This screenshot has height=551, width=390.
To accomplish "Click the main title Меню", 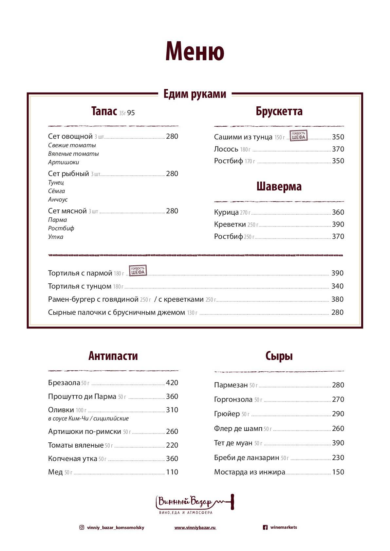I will point(195,51).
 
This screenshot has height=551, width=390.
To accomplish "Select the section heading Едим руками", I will point(195,94).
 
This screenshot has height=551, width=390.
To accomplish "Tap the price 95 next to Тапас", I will point(131,113).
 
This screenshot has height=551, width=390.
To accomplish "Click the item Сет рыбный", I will point(68,174).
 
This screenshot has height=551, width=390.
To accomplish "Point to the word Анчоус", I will point(58,199).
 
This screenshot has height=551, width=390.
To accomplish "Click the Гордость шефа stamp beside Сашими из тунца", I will point(298,135).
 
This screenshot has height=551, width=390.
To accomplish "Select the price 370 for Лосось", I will point(338,149).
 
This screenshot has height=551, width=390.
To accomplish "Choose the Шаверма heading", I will point(279,187).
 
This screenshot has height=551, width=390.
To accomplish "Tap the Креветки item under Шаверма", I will point(230,224).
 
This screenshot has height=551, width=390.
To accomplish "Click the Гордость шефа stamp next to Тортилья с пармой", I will point(138,271).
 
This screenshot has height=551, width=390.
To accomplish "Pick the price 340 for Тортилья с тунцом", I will point(337,286).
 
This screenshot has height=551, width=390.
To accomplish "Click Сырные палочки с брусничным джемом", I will point(116,312).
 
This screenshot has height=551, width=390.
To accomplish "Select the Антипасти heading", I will point(113,356).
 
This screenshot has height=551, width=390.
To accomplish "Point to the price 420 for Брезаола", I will point(172,383).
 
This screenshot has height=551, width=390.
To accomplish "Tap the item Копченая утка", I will point(72,459).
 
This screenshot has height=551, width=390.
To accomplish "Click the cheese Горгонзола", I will point(233,400).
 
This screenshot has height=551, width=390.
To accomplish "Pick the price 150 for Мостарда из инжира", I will point(338,472).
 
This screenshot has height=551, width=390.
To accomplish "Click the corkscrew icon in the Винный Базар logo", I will point(232,502).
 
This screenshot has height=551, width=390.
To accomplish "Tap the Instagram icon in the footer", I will point(82,527).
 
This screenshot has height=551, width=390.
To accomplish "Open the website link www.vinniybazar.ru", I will point(195,528).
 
